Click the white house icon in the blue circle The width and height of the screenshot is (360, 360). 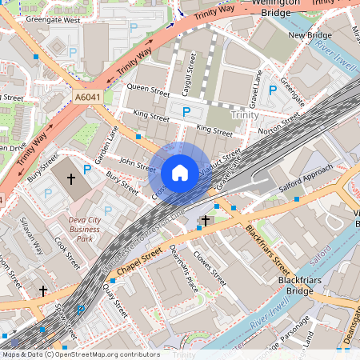pos(180,172)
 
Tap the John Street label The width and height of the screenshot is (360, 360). pos(137,166)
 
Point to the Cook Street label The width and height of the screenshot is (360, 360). pos(68,250)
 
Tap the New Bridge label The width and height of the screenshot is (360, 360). pos(309,35)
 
